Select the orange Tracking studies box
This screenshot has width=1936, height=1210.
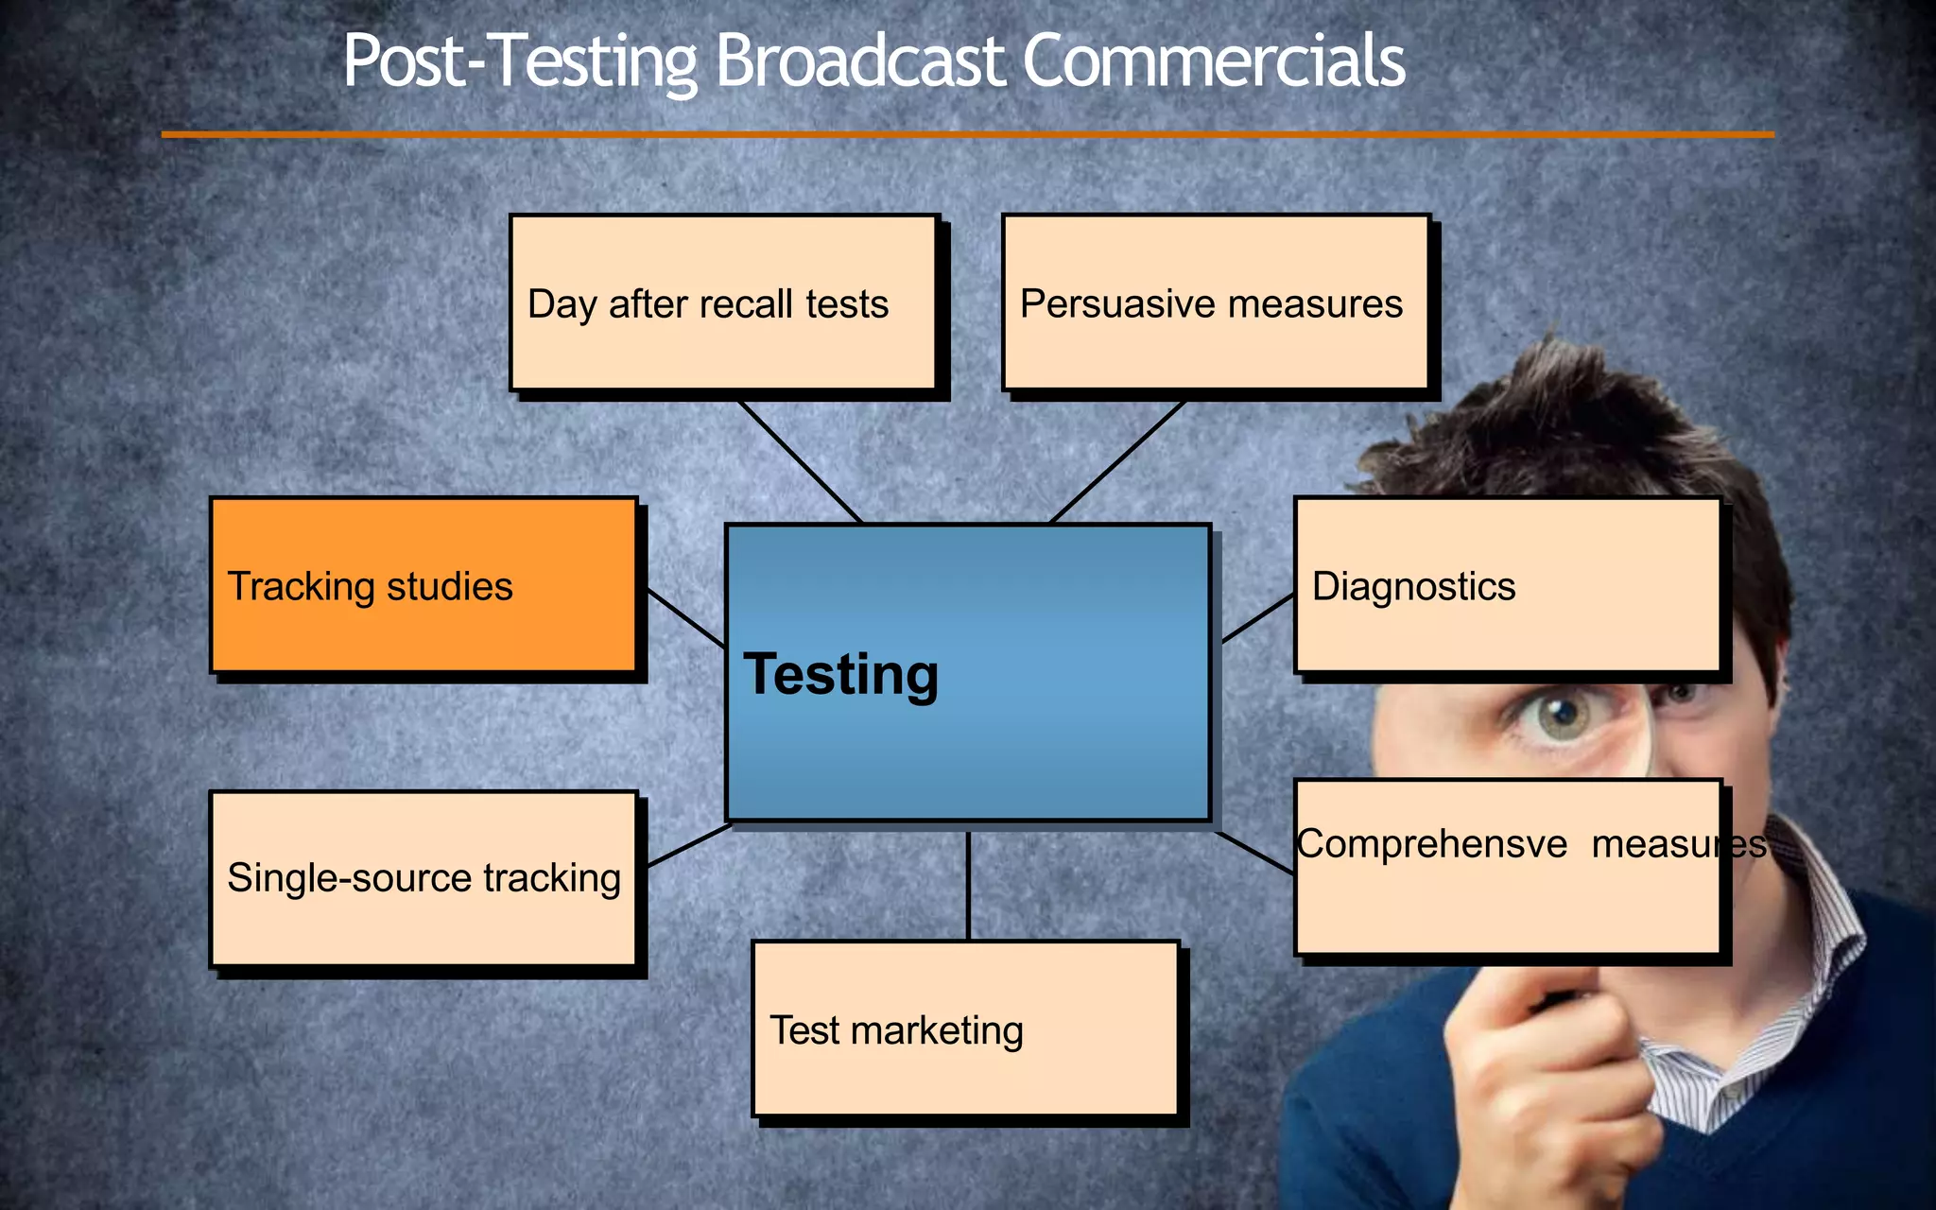point(423,585)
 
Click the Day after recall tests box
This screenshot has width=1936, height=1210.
point(723,302)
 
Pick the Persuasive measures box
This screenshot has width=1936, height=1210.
point(1216,302)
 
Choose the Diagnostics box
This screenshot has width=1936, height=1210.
point(1507,585)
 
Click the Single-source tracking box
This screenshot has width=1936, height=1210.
point(423,878)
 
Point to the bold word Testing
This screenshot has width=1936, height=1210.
point(841,675)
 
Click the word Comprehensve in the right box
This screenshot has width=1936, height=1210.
point(1431,844)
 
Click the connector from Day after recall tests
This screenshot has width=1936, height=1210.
point(800,460)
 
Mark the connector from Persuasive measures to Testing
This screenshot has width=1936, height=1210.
point(1118,460)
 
